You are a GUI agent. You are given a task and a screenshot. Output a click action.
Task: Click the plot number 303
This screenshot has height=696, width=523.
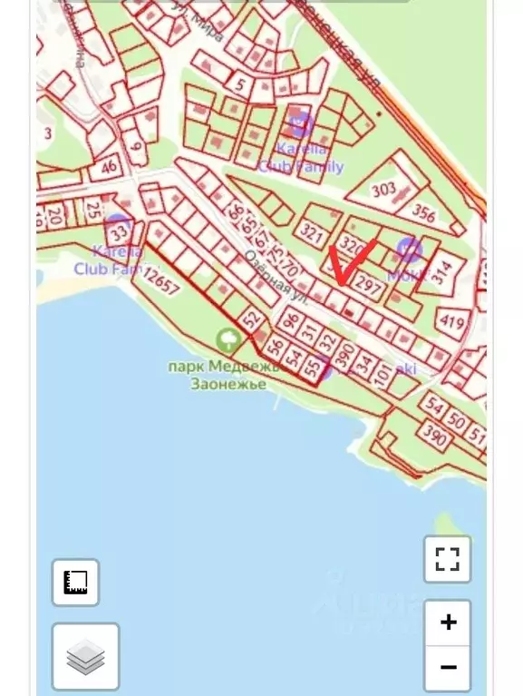pos(384,190)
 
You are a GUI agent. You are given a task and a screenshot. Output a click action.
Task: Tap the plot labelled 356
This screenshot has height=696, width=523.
pos(424,214)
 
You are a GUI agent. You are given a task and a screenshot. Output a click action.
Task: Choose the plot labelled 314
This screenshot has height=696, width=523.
pos(442,273)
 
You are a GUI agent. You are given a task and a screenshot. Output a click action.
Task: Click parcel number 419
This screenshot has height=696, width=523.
pos(450,321)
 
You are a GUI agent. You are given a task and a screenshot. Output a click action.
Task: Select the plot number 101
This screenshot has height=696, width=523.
pos(383,374)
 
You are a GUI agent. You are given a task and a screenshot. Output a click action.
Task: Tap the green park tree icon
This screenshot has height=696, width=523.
pos(228,341)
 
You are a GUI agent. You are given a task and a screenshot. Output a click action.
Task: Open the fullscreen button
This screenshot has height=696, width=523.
pos(447,558)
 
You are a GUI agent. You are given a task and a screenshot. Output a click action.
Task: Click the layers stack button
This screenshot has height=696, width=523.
pos(85,656)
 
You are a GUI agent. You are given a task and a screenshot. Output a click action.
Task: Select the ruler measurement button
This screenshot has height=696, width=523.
pos(75,582)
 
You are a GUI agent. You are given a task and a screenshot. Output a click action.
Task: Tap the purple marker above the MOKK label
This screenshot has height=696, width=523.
pos(410,249)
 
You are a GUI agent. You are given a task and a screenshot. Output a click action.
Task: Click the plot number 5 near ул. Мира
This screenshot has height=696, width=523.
pos(240,85)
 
